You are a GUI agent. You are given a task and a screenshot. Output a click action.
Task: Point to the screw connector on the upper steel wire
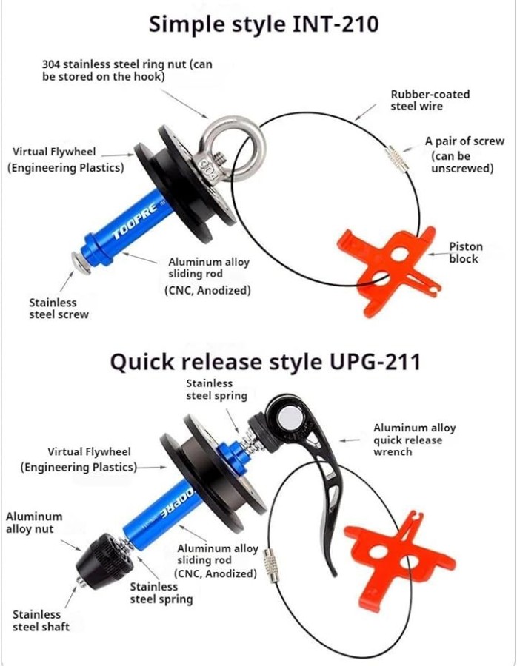(397, 158)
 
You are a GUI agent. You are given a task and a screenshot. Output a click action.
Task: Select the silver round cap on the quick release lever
(290, 418)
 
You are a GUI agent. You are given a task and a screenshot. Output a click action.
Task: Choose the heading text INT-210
(336, 24)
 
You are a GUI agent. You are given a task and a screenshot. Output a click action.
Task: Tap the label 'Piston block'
(466, 253)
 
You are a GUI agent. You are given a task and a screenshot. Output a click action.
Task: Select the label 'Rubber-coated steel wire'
(430, 100)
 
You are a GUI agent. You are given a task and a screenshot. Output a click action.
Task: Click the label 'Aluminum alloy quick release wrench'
(415, 440)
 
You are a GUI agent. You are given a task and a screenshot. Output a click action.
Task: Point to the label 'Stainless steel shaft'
(41, 621)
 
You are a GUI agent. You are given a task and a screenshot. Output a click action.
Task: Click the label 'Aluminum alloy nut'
(34, 523)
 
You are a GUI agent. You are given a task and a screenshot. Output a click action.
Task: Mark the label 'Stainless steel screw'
(59, 309)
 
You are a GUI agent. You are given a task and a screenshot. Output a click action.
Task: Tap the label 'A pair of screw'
(464, 141)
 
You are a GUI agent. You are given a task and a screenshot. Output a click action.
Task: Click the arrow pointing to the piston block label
(437, 254)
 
